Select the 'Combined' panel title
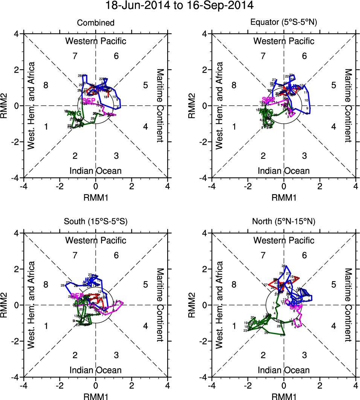click(x=96, y=23)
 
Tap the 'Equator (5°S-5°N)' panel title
click(x=284, y=23)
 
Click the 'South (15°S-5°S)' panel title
click(x=96, y=222)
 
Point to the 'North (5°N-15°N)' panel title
click(x=284, y=222)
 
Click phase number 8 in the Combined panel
click(x=46, y=85)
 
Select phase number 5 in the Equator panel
click(x=333, y=85)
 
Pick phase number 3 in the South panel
click(x=116, y=355)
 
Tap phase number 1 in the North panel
click(x=234, y=326)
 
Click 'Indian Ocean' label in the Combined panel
click(x=96, y=171)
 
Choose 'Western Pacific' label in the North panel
click(x=284, y=240)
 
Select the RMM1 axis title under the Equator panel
click(x=284, y=196)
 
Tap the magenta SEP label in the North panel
click(x=296, y=307)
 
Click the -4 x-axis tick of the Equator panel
click(x=212, y=186)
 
